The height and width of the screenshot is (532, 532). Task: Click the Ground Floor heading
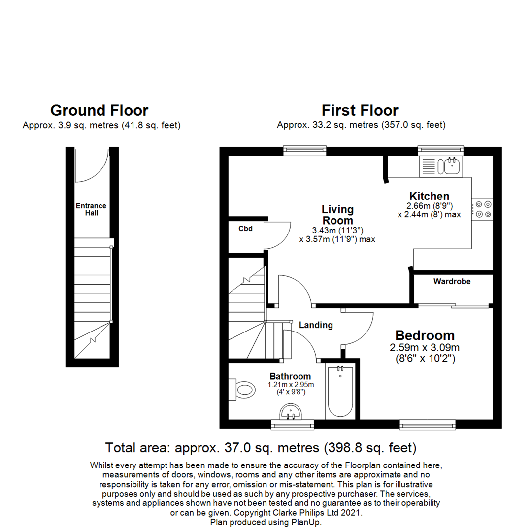tap(99, 110)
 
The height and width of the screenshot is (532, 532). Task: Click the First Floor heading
tap(360, 110)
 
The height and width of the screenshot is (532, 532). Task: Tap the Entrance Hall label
tap(91, 209)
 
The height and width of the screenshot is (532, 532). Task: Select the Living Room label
tap(337, 215)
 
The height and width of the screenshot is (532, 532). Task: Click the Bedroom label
tap(425, 335)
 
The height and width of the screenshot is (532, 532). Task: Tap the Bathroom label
tap(290, 376)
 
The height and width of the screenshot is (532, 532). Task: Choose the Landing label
tap(316, 325)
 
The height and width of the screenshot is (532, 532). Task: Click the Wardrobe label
tap(452, 282)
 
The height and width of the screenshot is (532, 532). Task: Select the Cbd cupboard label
tap(245, 229)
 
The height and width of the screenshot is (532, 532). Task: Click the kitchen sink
tap(451, 166)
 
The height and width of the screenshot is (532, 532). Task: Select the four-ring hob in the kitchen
tap(482, 209)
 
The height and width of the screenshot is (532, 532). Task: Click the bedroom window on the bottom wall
tap(427, 424)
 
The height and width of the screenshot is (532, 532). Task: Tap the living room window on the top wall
tap(305, 150)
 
